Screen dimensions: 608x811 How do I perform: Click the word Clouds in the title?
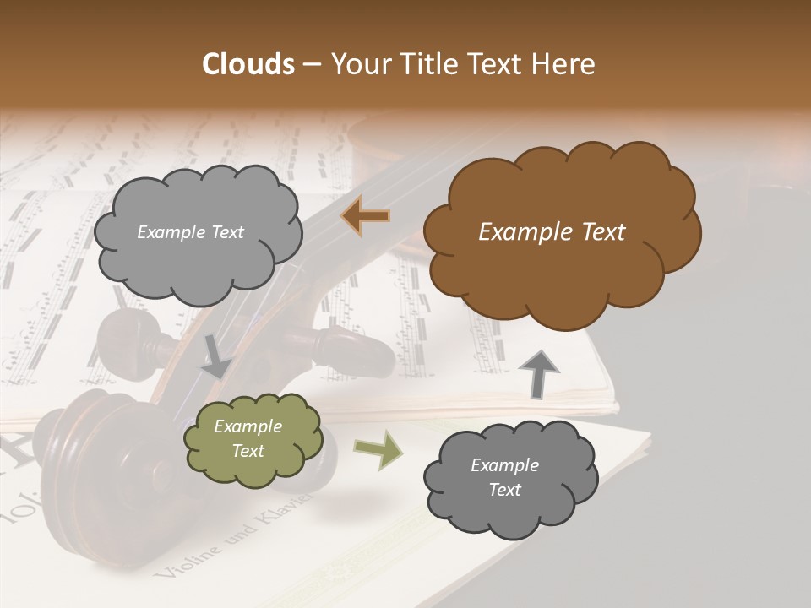pyautogui.click(x=249, y=64)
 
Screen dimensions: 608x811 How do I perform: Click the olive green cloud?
pyautogui.click(x=253, y=439)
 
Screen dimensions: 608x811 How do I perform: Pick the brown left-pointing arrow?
pyautogui.click(x=366, y=217)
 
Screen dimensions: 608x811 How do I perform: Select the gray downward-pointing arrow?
pyautogui.click(x=216, y=355)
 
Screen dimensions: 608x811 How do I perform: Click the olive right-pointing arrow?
pyautogui.click(x=377, y=450)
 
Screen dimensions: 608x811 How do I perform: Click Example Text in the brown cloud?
pyautogui.click(x=552, y=232)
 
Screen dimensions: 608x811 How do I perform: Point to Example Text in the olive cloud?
pyautogui.click(x=248, y=439)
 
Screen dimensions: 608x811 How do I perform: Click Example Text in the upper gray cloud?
pyautogui.click(x=190, y=232)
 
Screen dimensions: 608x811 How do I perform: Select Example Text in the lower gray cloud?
pyautogui.click(x=504, y=478)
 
